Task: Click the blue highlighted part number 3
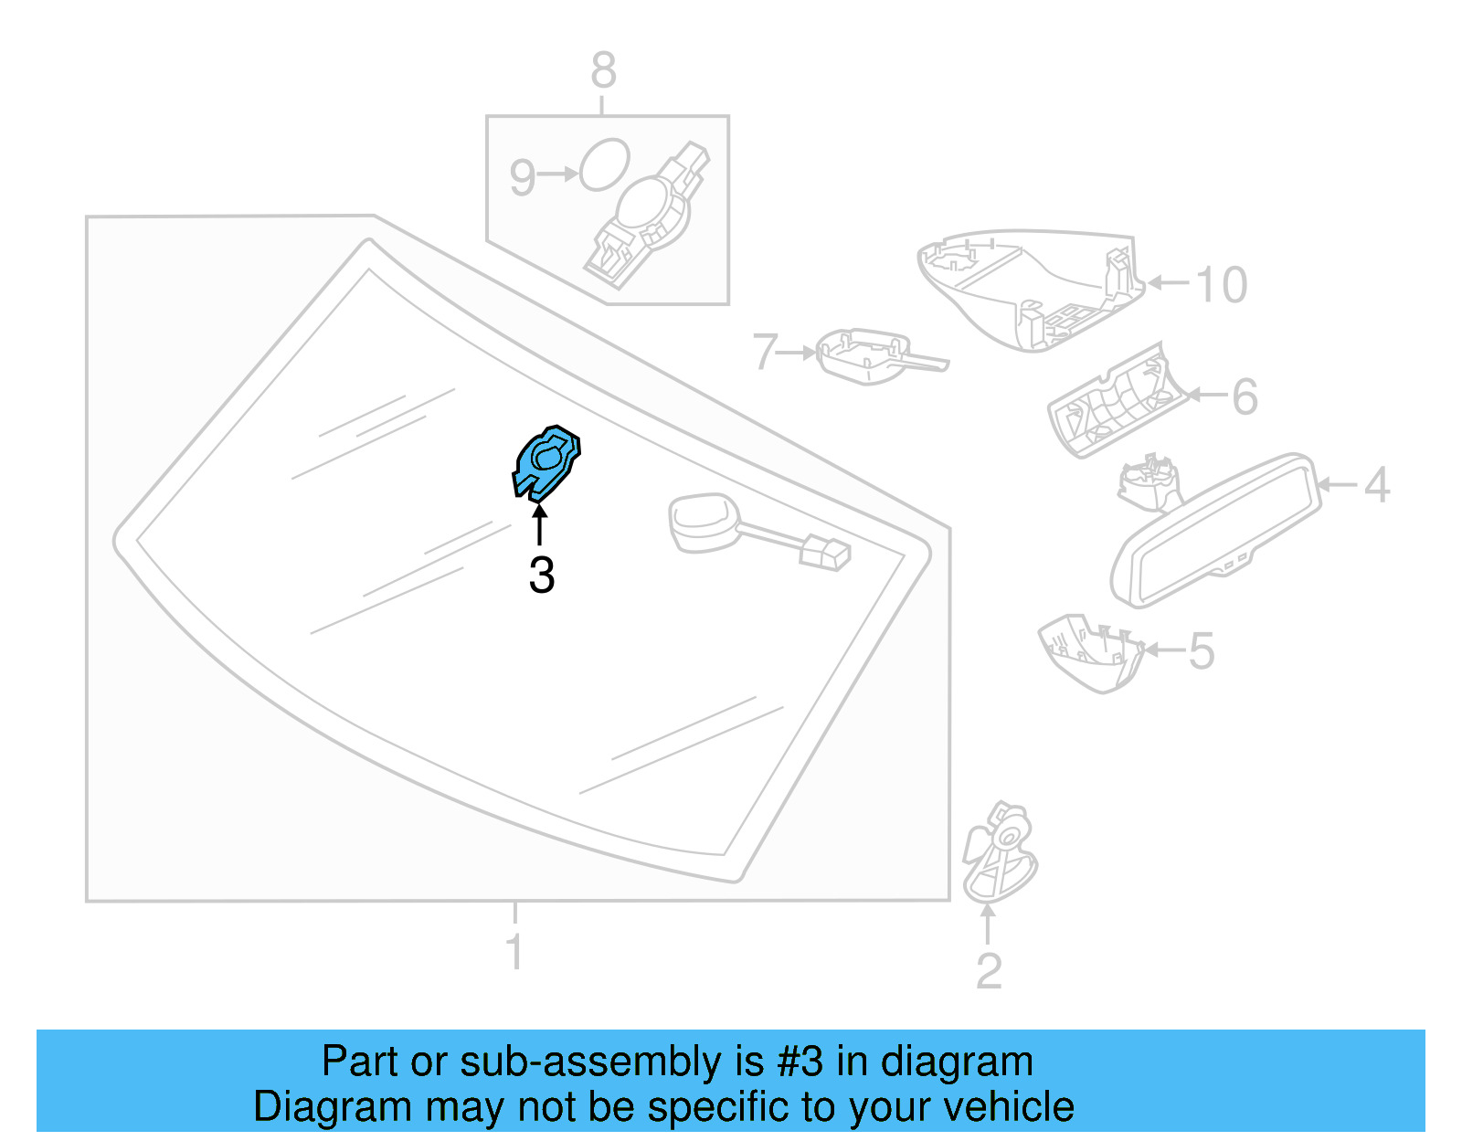(x=546, y=463)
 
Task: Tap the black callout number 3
(x=542, y=576)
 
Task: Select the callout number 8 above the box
(x=603, y=69)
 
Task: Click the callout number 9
(x=522, y=177)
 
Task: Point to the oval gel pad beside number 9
(x=604, y=164)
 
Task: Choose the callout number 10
(x=1221, y=284)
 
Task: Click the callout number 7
(x=765, y=351)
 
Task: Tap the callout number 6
(x=1245, y=396)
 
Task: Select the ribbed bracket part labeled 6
(x=1117, y=402)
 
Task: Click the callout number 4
(x=1376, y=485)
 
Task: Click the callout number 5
(x=1202, y=650)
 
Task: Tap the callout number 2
(x=989, y=971)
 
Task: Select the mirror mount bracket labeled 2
(x=999, y=852)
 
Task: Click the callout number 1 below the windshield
(x=514, y=952)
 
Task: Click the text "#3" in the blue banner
(x=800, y=1061)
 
